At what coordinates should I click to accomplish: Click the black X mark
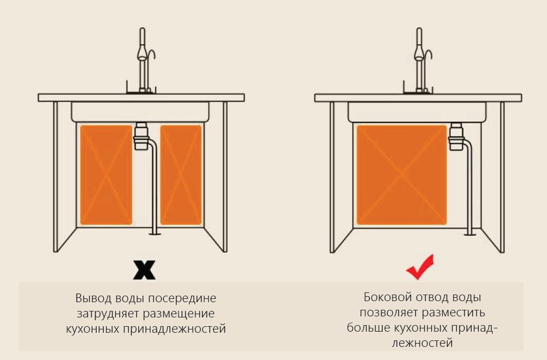(145, 270)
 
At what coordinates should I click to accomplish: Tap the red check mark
(420, 268)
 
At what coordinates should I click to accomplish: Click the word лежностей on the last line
(422, 343)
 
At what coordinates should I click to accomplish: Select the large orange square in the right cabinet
(402, 175)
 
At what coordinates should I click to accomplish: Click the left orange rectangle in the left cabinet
(106, 175)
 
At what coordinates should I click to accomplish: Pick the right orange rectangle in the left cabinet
(181, 175)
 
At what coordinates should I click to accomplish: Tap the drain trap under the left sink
(141, 136)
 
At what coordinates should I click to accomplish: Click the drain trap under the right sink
(456, 136)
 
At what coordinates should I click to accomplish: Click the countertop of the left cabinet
(141, 98)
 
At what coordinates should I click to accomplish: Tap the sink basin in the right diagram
(417, 112)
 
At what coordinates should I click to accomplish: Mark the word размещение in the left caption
(181, 314)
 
